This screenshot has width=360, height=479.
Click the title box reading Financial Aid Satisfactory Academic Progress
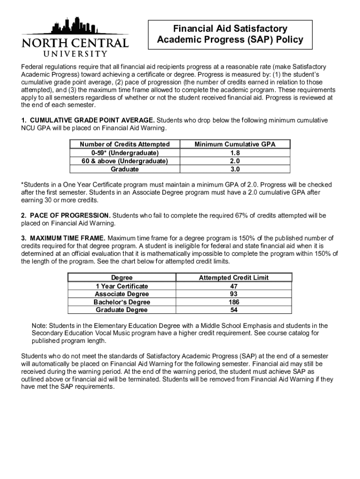coord(230,35)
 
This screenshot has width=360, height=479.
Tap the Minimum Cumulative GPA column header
coord(235,145)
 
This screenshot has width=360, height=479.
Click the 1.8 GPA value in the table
coord(235,153)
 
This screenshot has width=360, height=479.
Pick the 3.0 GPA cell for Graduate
coord(235,169)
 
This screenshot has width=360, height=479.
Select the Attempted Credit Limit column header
coord(234,278)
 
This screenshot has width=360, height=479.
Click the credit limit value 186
coord(234,302)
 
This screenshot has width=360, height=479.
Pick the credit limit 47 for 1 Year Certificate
coord(234,286)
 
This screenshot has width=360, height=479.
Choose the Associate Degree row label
coord(122,294)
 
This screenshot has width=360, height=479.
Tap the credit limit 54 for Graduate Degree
coord(234,310)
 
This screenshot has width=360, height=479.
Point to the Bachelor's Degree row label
coord(122,302)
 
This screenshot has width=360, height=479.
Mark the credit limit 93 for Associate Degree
coord(234,294)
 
